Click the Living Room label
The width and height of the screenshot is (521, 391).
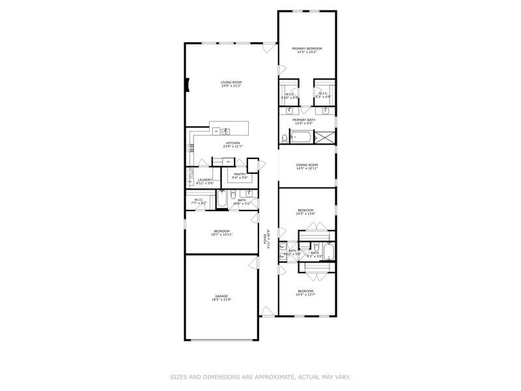click(231, 82)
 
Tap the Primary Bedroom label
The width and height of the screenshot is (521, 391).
click(307, 48)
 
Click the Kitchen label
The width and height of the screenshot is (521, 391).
click(232, 143)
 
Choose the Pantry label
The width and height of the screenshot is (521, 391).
click(240, 174)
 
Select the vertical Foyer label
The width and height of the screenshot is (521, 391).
click(266, 239)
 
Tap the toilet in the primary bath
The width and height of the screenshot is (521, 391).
click(285, 138)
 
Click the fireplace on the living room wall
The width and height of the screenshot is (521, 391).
click(188, 85)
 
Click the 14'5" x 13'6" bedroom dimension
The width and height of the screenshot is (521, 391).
click(306, 213)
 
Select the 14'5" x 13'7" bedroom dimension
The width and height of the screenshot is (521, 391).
click(306, 294)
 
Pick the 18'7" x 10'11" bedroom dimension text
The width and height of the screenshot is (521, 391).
click(221, 235)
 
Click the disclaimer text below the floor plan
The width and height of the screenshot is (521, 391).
click(260, 376)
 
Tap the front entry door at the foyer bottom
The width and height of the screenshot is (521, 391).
click(268, 314)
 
